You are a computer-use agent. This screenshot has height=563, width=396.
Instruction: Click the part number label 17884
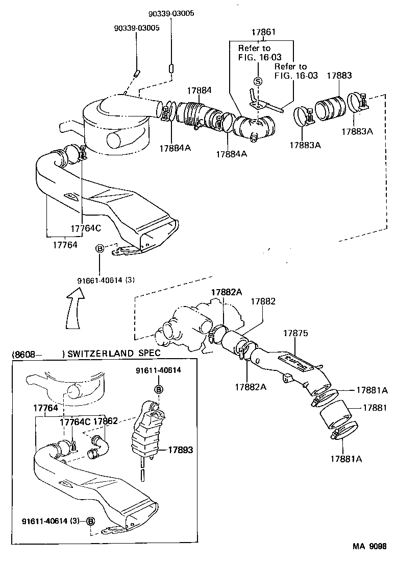click(x=199, y=90)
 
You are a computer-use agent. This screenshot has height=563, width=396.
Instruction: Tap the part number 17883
click(x=339, y=75)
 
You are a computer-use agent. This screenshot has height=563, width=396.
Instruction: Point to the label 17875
click(x=295, y=333)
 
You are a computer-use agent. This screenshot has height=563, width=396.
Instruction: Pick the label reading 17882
click(x=263, y=301)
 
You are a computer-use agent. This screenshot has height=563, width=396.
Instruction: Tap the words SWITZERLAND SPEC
click(x=114, y=353)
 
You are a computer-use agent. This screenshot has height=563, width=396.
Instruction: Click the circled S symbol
click(x=258, y=81)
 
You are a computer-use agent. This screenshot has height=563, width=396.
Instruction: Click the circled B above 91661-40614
click(x=100, y=248)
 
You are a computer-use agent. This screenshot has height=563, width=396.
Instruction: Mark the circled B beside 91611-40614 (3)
click(x=90, y=521)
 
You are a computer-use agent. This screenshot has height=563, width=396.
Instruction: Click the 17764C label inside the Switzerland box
click(x=75, y=422)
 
